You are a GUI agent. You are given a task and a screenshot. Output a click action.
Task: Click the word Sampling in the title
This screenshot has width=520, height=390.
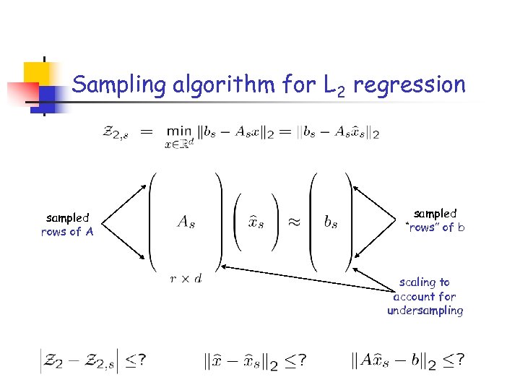(x=120, y=85)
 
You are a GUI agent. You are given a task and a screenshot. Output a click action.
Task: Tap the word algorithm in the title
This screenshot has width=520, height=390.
(x=225, y=85)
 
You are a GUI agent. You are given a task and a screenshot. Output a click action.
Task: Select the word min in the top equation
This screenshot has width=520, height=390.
(x=179, y=131)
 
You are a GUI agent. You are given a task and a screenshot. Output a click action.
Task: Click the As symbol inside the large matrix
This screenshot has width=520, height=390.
(x=186, y=222)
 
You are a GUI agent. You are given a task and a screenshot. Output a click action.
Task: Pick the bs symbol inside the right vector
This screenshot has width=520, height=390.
(x=331, y=222)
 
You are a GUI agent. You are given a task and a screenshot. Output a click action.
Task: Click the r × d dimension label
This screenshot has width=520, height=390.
(x=186, y=278)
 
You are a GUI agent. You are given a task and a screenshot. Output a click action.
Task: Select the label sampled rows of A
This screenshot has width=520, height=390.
(x=67, y=225)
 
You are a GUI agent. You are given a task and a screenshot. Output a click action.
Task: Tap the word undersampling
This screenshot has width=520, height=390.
(x=425, y=311)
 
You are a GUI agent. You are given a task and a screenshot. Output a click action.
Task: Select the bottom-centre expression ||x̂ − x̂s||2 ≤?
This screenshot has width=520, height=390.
(x=252, y=360)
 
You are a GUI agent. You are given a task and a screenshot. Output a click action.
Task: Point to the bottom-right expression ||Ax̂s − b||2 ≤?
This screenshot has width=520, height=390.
(x=407, y=360)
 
